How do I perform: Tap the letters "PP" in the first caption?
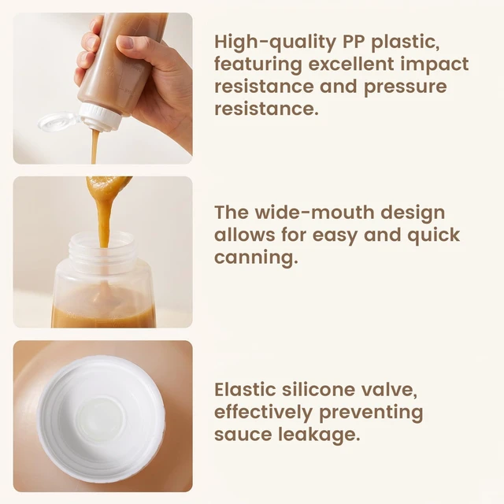[354, 42]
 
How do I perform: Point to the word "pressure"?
[406, 87]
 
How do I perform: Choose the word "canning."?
[256, 258]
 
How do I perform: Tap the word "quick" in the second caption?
[434, 236]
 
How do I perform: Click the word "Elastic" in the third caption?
[245, 389]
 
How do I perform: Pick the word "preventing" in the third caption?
[371, 413]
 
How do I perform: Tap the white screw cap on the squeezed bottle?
[101, 117]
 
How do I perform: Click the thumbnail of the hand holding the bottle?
[103, 88]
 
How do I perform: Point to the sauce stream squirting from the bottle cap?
[94, 146]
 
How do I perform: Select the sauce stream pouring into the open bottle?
[104, 222]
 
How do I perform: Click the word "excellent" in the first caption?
[351, 65]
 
